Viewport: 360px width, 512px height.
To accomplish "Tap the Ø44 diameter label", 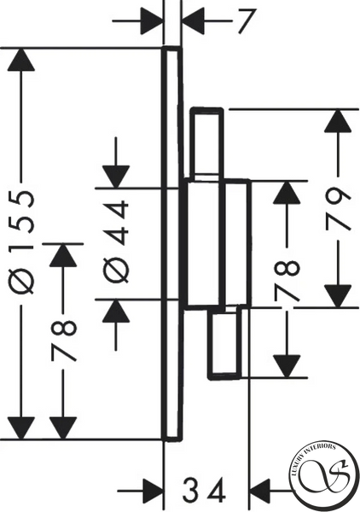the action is click(x=117, y=241).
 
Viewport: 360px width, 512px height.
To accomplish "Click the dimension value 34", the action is click(x=204, y=490).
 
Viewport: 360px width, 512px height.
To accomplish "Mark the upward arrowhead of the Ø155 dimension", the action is click(x=21, y=59).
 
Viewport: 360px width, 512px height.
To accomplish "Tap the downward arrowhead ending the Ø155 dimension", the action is click(x=21, y=428).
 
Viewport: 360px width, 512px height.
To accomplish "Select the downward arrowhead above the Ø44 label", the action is click(x=116, y=177).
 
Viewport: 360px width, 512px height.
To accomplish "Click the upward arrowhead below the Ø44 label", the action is click(x=116, y=311).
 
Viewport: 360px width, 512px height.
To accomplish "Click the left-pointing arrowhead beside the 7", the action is click(x=193, y=20).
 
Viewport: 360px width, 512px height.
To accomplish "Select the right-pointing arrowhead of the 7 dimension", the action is click(x=152, y=20).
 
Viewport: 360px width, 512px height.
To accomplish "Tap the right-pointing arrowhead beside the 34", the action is click(x=152, y=491).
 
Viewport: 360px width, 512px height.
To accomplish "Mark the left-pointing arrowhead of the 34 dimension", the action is click(x=260, y=491).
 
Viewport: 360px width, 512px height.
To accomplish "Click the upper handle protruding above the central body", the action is click(x=207, y=143).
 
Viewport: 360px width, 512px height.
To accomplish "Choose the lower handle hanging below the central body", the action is click(x=225, y=343).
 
